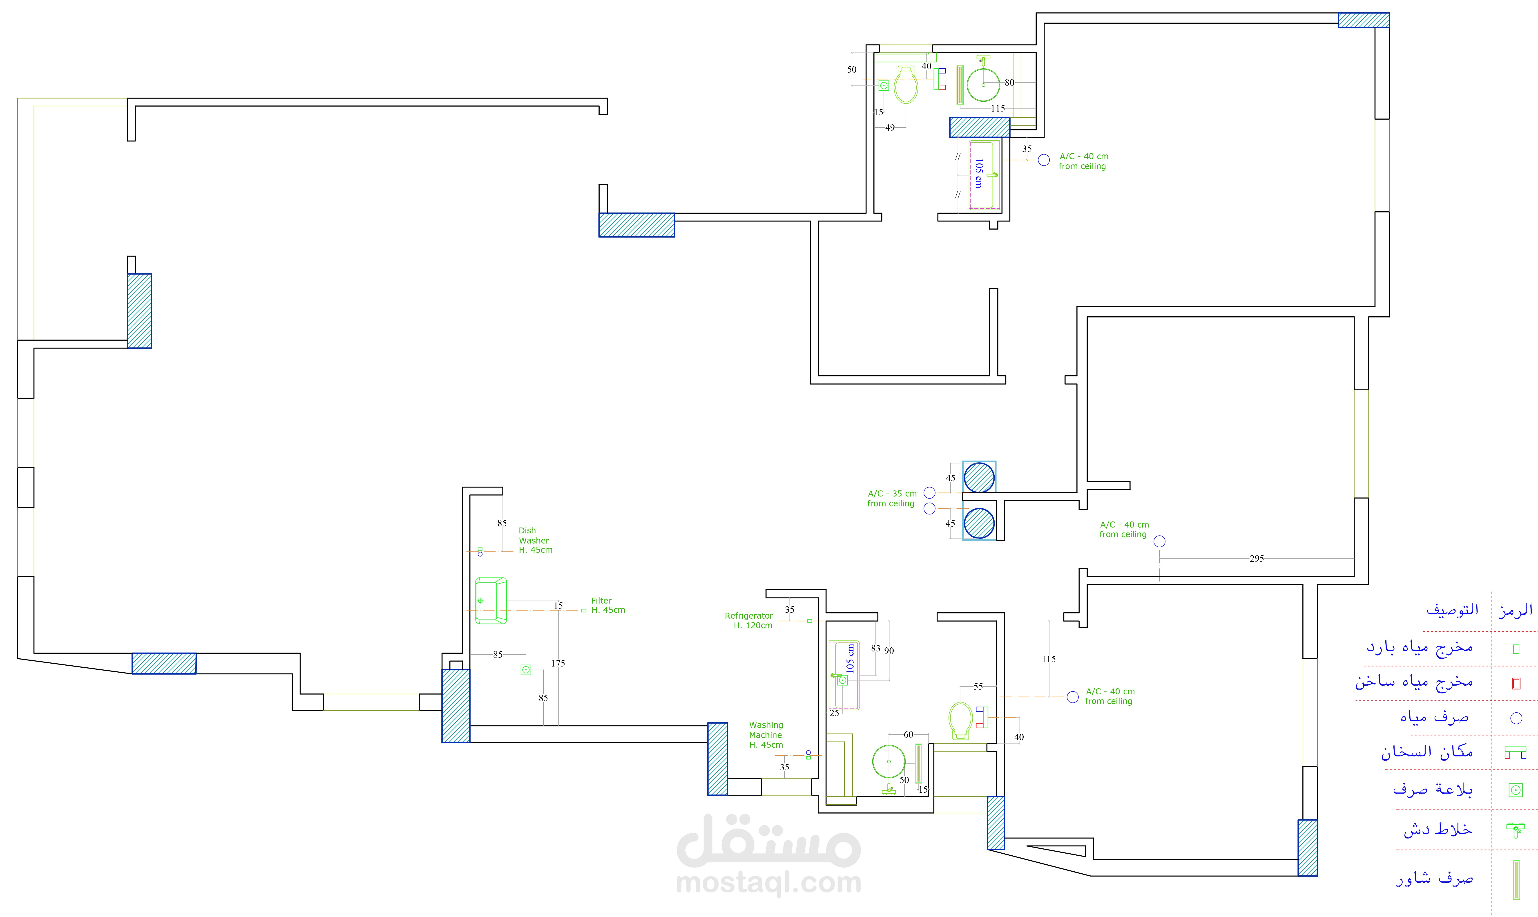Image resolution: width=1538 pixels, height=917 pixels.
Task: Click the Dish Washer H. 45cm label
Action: [536, 540]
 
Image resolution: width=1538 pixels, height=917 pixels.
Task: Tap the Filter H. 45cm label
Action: [608, 605]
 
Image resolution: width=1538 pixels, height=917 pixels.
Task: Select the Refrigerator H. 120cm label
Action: [749, 620]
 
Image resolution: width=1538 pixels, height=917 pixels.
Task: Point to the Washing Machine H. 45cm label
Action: [766, 735]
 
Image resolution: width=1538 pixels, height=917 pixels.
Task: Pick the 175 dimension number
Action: [558, 663]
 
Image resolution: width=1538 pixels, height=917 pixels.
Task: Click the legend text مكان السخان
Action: [1427, 751]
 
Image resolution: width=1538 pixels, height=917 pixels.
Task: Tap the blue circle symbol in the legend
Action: [1516, 718]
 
